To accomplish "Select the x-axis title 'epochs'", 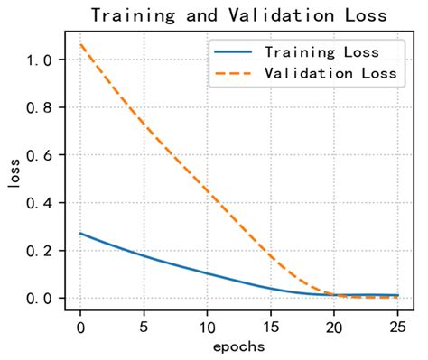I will point(239,346).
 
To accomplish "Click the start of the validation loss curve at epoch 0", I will point(81,43).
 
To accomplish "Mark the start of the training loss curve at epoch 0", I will point(81,233).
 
